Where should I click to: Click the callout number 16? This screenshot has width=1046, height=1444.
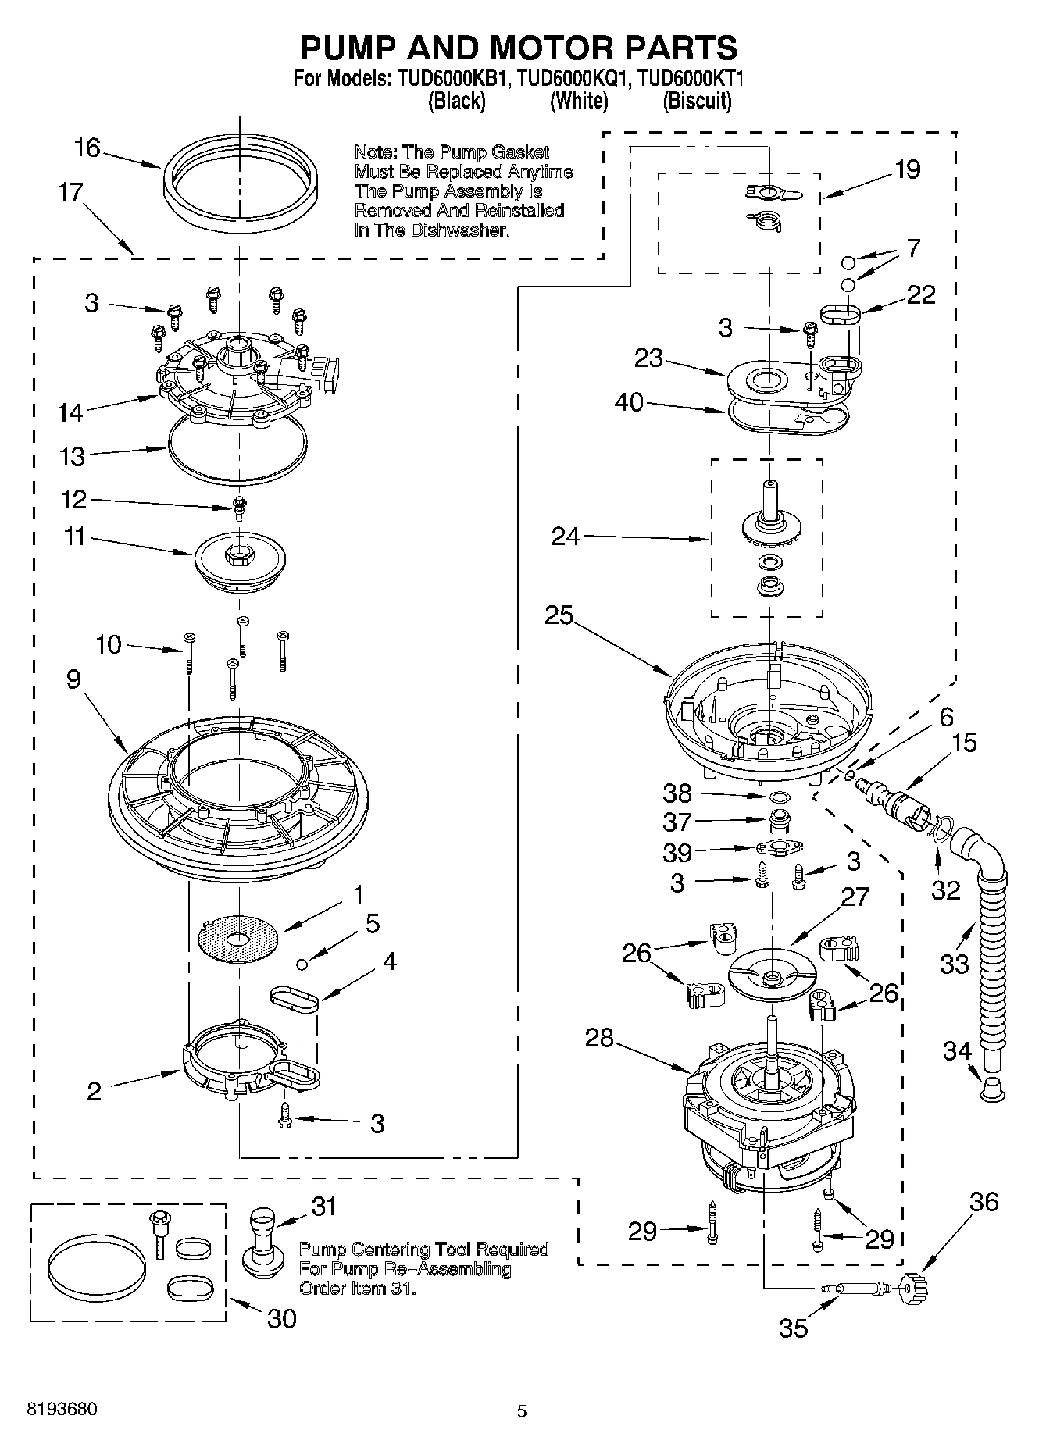(x=87, y=148)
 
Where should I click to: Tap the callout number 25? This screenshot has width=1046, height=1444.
(x=559, y=615)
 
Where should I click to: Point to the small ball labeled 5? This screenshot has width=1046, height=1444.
(x=302, y=964)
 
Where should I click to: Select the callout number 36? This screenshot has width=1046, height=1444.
(x=984, y=1202)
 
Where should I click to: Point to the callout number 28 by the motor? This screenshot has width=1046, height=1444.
(x=600, y=1038)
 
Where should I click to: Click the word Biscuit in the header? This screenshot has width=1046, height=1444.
(x=697, y=102)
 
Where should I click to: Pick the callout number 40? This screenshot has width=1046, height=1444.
(x=629, y=402)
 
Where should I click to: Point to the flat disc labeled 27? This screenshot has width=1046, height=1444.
(x=771, y=976)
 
